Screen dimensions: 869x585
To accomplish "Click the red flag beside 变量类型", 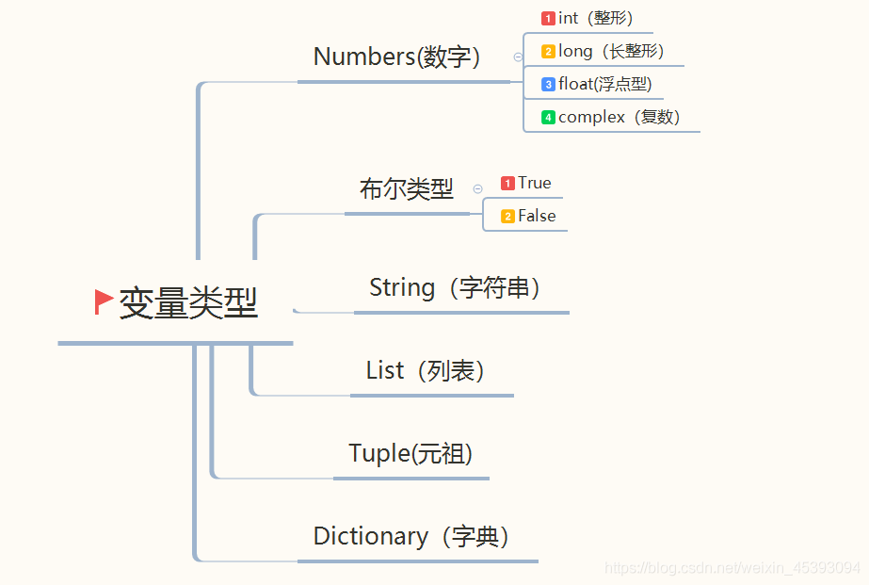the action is point(104,302).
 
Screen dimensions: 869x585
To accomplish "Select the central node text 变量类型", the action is point(188,302).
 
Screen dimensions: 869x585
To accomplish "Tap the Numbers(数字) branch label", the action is point(396,57).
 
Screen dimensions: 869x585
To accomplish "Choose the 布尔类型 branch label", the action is point(406,189).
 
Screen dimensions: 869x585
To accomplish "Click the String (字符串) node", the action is point(455,287).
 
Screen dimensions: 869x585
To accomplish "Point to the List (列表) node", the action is point(425,370).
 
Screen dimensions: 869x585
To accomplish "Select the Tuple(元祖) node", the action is point(410,453).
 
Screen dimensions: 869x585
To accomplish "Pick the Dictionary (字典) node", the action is point(411,536).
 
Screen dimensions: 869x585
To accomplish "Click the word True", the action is point(534,183).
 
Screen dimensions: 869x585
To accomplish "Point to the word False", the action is point(537,216).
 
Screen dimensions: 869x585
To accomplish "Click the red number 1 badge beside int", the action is point(548,18).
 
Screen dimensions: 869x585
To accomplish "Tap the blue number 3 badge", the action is point(548,84).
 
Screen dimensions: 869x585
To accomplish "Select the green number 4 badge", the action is point(548,117).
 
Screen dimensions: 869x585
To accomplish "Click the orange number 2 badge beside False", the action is point(507,216).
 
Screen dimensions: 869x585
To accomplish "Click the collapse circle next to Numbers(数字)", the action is point(518,57).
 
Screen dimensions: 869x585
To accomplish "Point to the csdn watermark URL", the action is point(732,568).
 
